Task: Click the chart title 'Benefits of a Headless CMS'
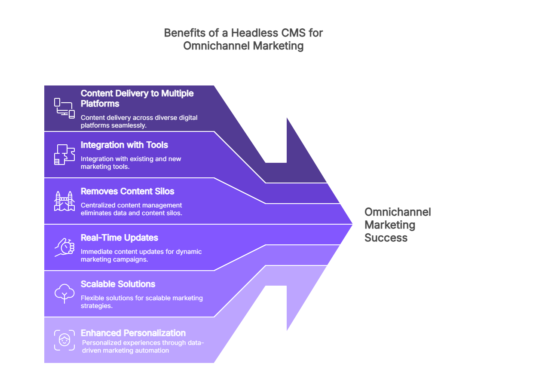(243, 33)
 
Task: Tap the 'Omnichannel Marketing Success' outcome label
(397, 225)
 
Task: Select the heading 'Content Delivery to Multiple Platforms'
(137, 98)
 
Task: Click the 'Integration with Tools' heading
(124, 145)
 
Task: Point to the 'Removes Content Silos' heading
(127, 191)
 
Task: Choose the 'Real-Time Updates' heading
(119, 238)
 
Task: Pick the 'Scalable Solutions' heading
(118, 284)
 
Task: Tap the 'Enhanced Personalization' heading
(133, 333)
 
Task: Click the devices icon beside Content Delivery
(64, 108)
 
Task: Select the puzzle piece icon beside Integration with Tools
(64, 154)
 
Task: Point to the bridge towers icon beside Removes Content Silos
(64, 201)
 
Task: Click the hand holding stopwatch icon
(64, 247)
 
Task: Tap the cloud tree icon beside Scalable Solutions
(64, 293)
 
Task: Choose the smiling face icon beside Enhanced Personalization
(64, 340)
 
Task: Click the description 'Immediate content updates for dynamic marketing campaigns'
(141, 256)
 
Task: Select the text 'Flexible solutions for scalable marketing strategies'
(141, 302)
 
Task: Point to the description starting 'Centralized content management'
(132, 209)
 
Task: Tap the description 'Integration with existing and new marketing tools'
(131, 163)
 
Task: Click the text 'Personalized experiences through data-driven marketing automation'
(143, 347)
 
